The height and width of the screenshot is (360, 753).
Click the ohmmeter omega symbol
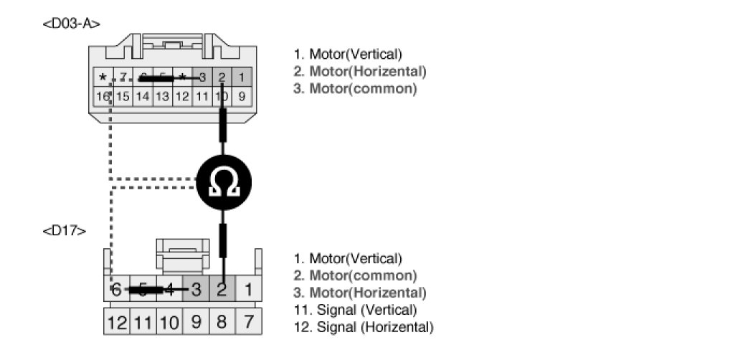224,184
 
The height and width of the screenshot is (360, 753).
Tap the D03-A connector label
71,23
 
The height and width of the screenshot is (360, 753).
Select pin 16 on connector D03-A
103,95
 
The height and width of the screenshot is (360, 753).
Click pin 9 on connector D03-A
242,95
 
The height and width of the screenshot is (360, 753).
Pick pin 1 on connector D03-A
242,77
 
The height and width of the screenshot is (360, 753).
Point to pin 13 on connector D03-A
163,95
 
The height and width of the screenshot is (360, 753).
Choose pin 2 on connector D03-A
222,77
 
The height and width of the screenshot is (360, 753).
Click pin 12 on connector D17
117,322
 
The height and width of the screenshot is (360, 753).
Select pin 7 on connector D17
248,322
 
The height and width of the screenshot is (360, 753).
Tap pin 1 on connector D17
248,290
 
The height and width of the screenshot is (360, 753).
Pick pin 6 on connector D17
117,290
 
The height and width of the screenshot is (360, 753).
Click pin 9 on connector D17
196,322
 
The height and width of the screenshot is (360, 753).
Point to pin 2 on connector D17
222,290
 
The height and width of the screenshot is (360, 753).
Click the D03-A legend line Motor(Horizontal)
360,72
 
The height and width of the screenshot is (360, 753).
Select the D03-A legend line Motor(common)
355,89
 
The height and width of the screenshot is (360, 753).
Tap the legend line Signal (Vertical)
355,311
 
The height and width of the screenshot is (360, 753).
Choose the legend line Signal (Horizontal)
364,328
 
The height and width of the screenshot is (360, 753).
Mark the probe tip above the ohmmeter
224,122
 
